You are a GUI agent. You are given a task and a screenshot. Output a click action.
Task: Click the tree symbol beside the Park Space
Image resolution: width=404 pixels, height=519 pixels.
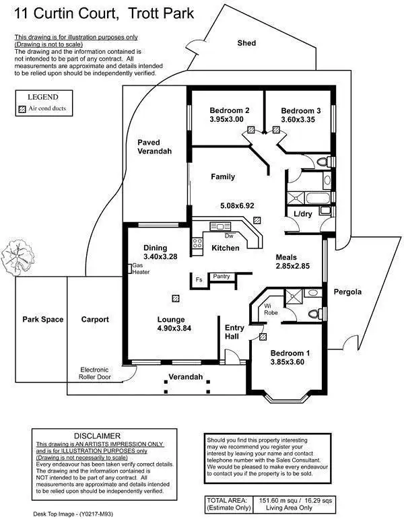16,256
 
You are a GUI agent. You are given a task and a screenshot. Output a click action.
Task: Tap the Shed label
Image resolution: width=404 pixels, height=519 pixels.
246,43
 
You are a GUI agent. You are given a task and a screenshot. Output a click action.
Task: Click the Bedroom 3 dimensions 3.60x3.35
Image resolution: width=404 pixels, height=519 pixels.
298,120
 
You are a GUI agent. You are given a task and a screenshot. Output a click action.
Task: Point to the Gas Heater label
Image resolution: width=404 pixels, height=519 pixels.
141,269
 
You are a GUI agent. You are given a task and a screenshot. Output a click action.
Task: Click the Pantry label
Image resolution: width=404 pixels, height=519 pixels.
221,276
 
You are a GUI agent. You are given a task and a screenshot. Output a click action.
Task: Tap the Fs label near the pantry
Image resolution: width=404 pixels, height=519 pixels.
199,279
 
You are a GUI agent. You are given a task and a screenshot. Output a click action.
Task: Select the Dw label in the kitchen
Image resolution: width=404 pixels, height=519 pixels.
229,236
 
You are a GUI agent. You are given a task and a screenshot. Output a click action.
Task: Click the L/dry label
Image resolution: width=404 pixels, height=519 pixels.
303,214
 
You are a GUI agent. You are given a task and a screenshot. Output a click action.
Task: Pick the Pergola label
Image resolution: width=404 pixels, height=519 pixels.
347,292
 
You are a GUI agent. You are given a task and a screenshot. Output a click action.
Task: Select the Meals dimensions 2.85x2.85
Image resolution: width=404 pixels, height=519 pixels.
292,267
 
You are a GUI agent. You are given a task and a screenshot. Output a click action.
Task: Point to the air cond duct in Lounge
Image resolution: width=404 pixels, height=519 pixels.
176,297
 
